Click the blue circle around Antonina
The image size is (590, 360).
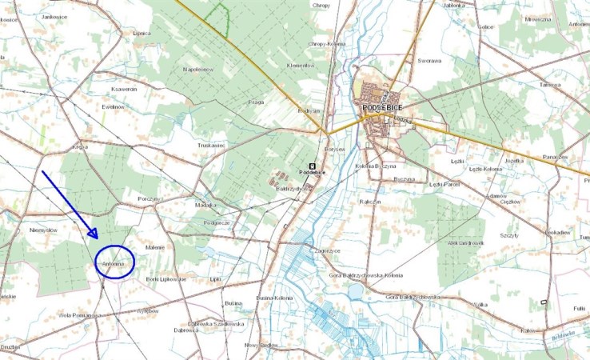pyautogui.click(x=115, y=262)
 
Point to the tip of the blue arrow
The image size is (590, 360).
pyautogui.click(x=97, y=238)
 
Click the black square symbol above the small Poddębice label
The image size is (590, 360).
pyautogui.click(x=313, y=163)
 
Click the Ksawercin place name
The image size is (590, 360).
pyautogui.click(x=124, y=89)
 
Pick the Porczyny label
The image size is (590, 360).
pyautogui.click(x=149, y=198)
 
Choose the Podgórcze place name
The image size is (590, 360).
pyautogui.click(x=217, y=222)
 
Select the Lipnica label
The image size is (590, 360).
pyautogui.click(x=142, y=34)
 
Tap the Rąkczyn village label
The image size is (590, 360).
pyautogui.click(x=369, y=202)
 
